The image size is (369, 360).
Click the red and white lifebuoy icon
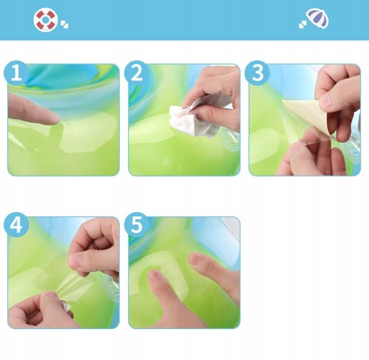point(45,20)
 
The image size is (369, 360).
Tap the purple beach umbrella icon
point(319,18)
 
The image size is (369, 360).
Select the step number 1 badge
point(17,73)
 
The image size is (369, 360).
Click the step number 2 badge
point(137,73)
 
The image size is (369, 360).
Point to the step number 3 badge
point(257,73)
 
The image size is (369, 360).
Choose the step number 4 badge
point(17,224)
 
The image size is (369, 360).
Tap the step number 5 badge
point(137,224)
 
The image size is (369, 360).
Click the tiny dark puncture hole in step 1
point(68,123)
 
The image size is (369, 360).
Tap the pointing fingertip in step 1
point(53,119)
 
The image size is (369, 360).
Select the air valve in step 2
point(230,139)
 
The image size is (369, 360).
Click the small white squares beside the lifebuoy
point(64,25)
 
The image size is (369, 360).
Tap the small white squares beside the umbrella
point(303,25)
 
